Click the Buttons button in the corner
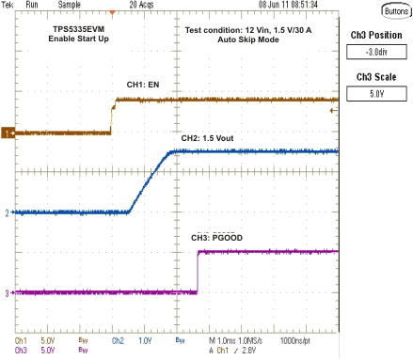coord(389,10)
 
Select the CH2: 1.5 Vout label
coord(206,138)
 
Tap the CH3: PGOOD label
coord(213,238)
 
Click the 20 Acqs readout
coord(142,5)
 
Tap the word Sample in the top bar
coord(65,5)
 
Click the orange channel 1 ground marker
coord(6,133)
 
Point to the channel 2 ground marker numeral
coord(7,213)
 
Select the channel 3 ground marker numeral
coord(7,293)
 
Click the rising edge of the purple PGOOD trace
coord(198,273)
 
